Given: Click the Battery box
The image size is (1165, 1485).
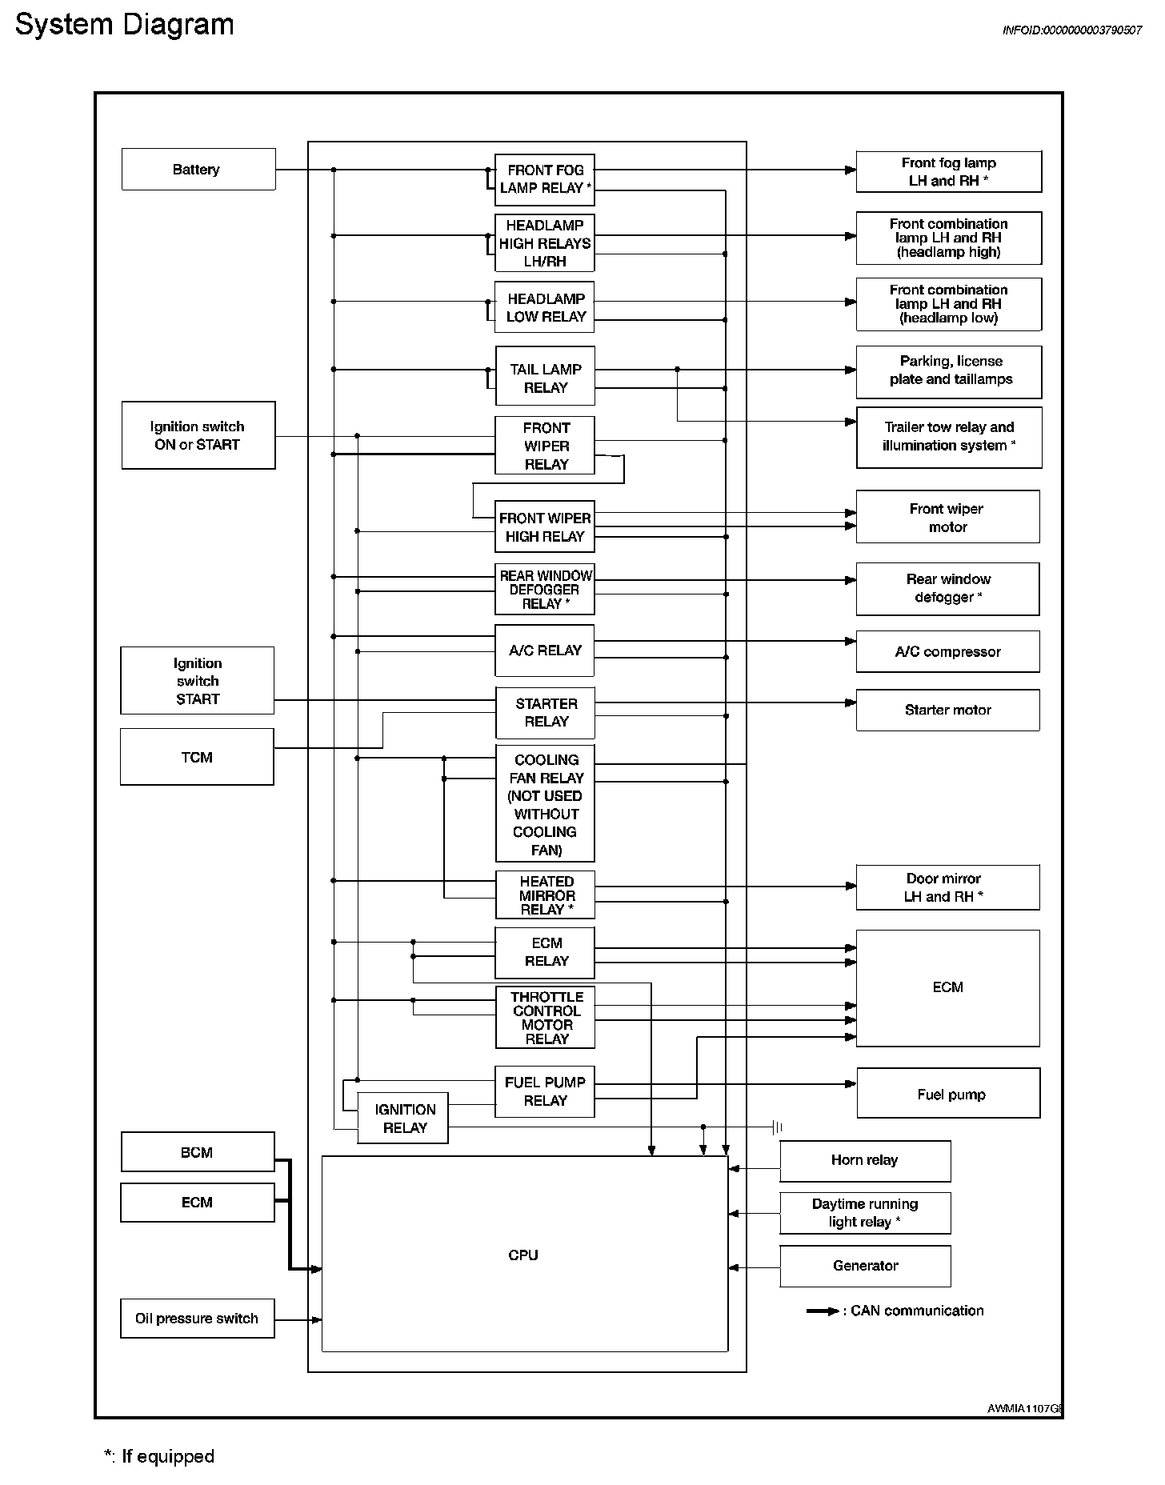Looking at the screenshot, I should click(x=198, y=169).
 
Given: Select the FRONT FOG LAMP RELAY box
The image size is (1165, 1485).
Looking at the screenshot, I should click(x=544, y=178).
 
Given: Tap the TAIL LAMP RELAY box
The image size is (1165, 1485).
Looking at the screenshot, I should click(x=545, y=378).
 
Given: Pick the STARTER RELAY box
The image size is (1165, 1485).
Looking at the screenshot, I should click(x=545, y=712).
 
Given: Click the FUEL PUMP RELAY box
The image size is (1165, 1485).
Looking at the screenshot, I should click(x=545, y=1091).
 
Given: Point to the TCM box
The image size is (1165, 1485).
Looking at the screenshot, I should click(x=197, y=757).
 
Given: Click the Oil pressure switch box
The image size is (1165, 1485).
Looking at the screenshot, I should click(x=197, y=1318).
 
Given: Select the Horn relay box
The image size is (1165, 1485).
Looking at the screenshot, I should click(x=865, y=1160).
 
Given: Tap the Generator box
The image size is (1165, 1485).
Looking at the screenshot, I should click(x=865, y=1266).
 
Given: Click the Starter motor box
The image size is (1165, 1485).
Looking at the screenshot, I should click(x=947, y=710).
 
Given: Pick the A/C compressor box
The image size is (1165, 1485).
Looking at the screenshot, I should click(x=947, y=651).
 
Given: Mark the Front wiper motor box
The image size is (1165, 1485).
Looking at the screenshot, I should click(x=947, y=517).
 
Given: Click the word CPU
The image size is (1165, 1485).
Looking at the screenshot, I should click(x=523, y=1255).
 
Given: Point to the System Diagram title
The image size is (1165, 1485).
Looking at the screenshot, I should click(x=124, y=25).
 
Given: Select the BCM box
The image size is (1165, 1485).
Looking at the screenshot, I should click(x=197, y=1152).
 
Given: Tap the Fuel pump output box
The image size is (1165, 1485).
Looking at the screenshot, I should click(x=948, y=1093).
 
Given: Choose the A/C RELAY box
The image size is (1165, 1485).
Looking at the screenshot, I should click(x=545, y=650).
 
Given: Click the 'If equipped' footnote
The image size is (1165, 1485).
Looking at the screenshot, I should click(x=159, y=1456).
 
